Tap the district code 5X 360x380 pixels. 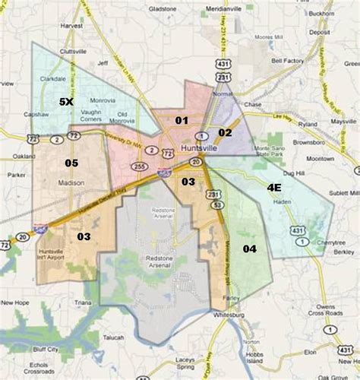[x=67, y=101]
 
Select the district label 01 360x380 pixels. [x=182, y=120]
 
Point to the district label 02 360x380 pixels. [x=225, y=132]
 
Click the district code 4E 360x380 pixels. [x=273, y=186]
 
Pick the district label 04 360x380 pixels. [x=249, y=249]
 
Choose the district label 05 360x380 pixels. [x=71, y=163]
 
